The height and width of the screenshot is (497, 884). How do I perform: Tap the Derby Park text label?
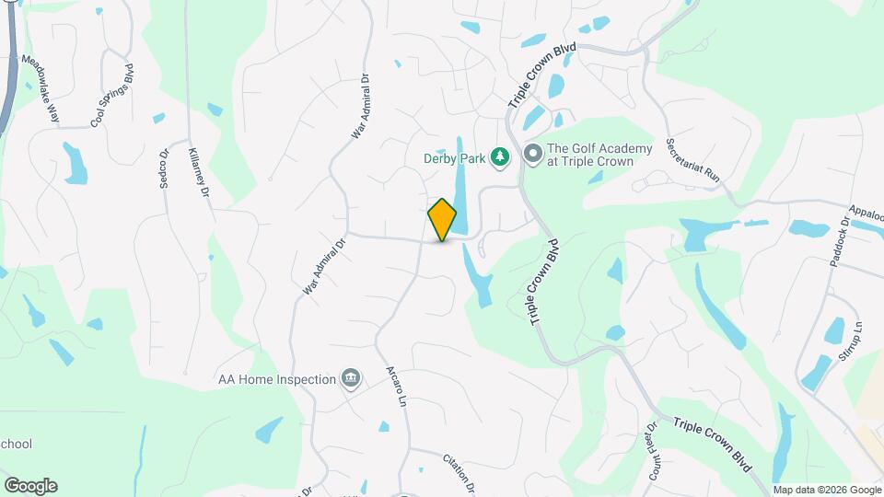[454, 158]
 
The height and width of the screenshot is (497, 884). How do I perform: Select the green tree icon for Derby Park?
[500, 157]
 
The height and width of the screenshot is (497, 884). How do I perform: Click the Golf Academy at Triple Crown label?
[599, 155]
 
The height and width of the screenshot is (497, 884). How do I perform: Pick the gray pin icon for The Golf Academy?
[532, 155]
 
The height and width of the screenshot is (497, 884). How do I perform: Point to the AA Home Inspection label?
[276, 378]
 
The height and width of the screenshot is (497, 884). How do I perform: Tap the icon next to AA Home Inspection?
[350, 378]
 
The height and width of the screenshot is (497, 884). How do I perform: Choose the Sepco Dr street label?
[164, 169]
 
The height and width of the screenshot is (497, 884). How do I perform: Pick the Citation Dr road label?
[458, 472]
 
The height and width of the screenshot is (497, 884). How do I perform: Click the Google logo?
[30, 486]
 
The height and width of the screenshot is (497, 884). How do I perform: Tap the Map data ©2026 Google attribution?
[826, 490]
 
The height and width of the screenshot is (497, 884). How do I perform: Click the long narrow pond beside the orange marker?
[461, 198]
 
